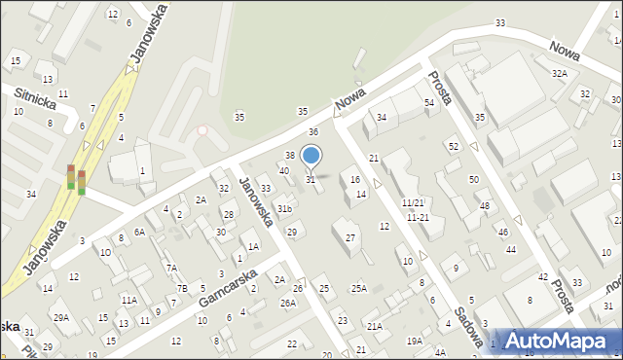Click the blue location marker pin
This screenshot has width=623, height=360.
point(311,156)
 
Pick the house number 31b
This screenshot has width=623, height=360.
point(284,209)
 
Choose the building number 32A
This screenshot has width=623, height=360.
point(559,74)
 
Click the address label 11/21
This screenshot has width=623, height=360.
point(413,202)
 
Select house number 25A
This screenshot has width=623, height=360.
point(359,288)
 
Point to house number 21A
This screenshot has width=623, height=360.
point(374,327)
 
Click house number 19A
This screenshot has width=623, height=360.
point(415,341)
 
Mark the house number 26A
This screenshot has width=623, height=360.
point(288,303)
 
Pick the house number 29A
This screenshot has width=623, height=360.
point(61,317)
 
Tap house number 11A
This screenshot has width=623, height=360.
point(128,300)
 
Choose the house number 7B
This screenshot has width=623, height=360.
point(181,288)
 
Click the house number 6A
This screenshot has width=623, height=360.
point(139,232)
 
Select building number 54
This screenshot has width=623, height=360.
point(428,102)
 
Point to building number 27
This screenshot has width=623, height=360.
point(350,238)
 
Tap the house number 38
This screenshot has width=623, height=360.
point(289,156)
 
